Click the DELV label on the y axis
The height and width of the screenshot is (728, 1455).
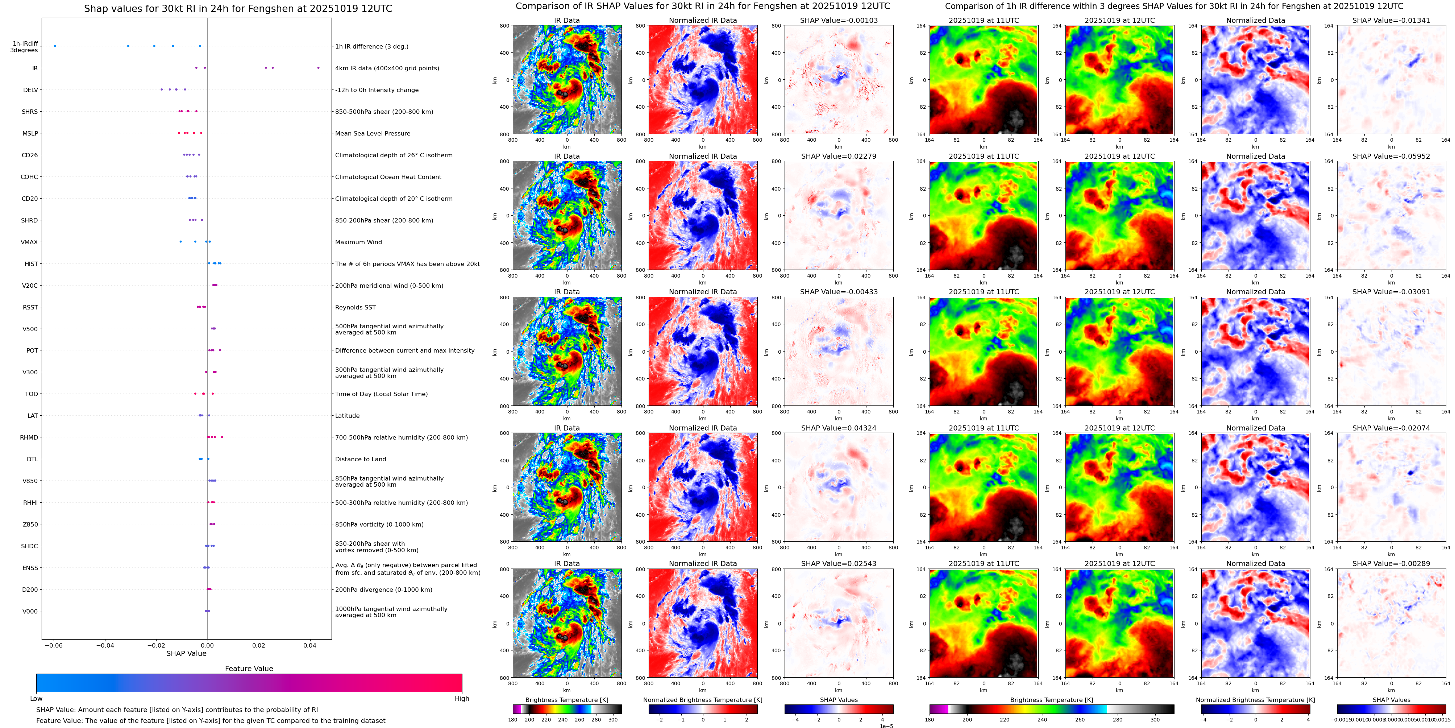[30, 90]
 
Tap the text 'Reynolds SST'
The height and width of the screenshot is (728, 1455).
[355, 307]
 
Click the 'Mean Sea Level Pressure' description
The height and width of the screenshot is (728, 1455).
[372, 133]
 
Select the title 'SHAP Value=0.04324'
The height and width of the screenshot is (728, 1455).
[838, 428]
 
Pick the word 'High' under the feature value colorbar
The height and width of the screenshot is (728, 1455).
[461, 699]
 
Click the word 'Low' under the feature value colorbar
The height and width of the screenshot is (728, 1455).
[36, 699]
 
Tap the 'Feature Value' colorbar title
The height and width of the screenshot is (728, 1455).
[249, 669]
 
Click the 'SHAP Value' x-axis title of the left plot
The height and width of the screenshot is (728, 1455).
[186, 653]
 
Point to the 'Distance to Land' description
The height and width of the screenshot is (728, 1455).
[360, 459]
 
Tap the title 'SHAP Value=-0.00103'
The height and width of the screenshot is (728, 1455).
[838, 20]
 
